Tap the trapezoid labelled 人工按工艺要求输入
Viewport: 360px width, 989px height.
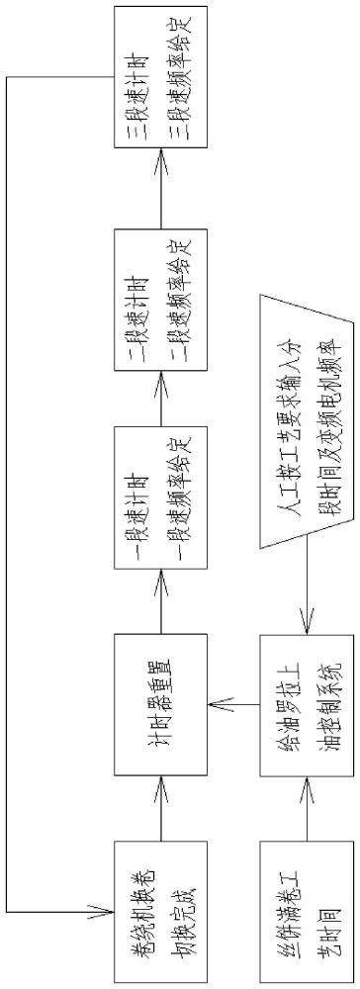(x=307, y=419)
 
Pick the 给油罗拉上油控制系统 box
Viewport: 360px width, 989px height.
(x=307, y=702)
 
